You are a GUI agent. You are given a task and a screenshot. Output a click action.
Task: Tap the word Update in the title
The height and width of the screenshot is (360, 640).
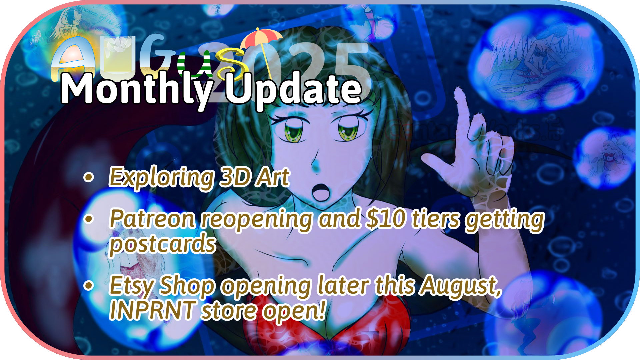coord(293,89)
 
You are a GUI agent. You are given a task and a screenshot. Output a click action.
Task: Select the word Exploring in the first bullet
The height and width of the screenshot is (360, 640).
coord(162,177)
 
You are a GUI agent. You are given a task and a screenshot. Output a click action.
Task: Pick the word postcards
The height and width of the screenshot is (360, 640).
coord(163,244)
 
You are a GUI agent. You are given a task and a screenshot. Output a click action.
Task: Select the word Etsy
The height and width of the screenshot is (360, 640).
coord(132,286)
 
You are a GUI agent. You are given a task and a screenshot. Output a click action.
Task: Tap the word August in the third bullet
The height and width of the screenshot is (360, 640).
coord(460,286)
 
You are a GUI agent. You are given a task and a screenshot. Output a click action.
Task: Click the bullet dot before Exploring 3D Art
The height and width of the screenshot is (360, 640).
coord(89,177)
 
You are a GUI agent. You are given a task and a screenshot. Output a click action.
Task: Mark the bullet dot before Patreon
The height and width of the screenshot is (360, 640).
coord(89,219)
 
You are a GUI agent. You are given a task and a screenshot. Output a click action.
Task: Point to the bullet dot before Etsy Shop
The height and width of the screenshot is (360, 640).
coord(89,286)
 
